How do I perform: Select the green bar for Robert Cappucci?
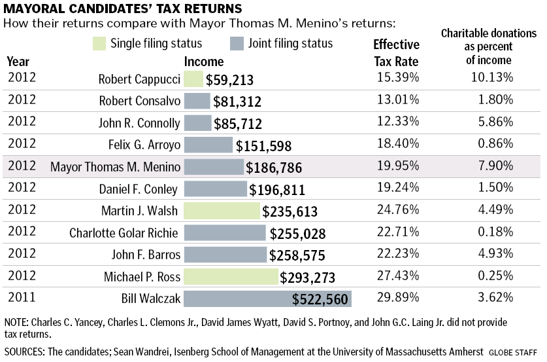[x=193, y=79]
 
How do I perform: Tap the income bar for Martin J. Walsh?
[x=222, y=211]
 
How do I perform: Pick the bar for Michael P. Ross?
[x=231, y=277]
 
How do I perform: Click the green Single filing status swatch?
[x=100, y=45]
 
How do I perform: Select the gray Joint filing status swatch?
[x=237, y=45]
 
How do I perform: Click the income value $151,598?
[x=263, y=145]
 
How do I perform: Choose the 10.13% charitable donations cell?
[x=491, y=78]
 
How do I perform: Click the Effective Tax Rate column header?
[x=396, y=53]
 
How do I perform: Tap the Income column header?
[x=204, y=62]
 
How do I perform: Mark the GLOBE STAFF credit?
[x=516, y=352]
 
